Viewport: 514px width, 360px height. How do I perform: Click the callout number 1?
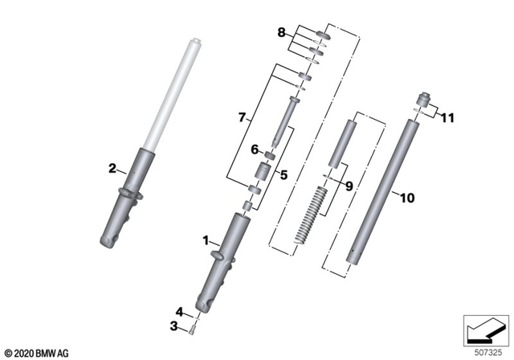[205, 239]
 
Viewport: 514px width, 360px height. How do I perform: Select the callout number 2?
[112, 168]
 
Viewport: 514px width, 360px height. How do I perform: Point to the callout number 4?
[180, 311]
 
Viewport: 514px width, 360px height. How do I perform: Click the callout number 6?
[254, 149]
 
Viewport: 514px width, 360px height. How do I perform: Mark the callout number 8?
[281, 33]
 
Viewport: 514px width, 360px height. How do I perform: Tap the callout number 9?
[348, 186]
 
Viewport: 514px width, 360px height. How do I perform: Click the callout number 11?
[447, 117]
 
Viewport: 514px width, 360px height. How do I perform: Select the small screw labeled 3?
[194, 328]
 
